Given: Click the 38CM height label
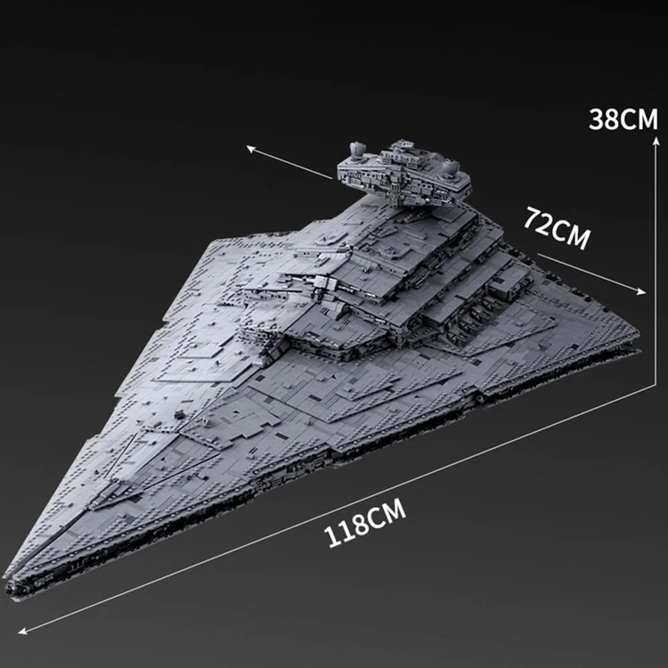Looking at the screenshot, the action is [x=623, y=118].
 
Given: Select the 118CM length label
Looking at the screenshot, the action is [x=364, y=523].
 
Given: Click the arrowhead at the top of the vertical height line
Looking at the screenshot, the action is [x=656, y=141].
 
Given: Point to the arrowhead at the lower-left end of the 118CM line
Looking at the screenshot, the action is [x=22, y=631].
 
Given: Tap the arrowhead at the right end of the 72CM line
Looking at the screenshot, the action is [x=641, y=291].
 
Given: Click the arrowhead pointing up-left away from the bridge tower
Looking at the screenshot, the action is [x=251, y=149].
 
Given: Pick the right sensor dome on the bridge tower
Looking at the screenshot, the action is [x=450, y=167].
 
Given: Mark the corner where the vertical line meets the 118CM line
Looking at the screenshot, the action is [x=656, y=385].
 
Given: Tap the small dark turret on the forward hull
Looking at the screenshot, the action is [x=179, y=413].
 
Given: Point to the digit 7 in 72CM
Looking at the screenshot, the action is [x=532, y=216].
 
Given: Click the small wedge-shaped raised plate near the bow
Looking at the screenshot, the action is [x=111, y=494].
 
